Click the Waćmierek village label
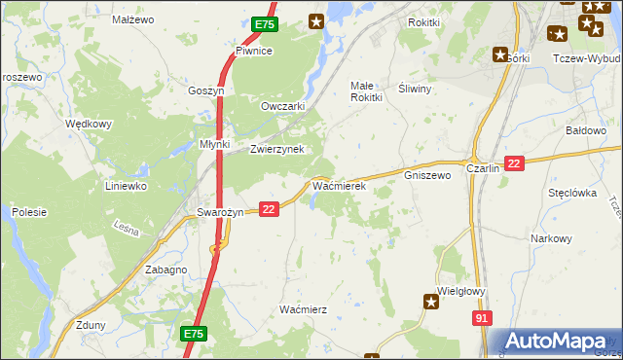(x=338, y=184)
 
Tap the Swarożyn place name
(x=219, y=212)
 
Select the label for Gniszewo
(x=427, y=176)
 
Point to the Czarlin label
(x=483, y=168)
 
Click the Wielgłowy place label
(x=461, y=291)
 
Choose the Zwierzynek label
(x=277, y=149)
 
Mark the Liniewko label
(x=126, y=185)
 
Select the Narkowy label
(x=551, y=238)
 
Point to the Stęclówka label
(x=571, y=193)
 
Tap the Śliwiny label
(x=415, y=87)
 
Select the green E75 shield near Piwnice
(x=265, y=24)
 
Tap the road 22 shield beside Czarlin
(x=515, y=163)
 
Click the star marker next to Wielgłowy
(x=432, y=304)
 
